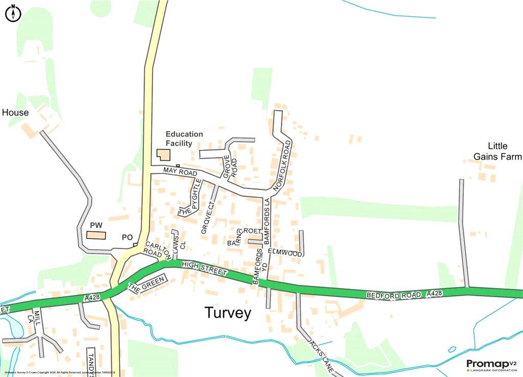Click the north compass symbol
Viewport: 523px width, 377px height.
13,13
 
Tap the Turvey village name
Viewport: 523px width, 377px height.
228,313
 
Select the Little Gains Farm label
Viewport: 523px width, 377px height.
497,151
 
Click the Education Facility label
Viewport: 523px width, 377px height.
184,139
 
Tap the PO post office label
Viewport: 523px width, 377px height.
127,237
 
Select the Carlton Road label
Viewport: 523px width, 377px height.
155,249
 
